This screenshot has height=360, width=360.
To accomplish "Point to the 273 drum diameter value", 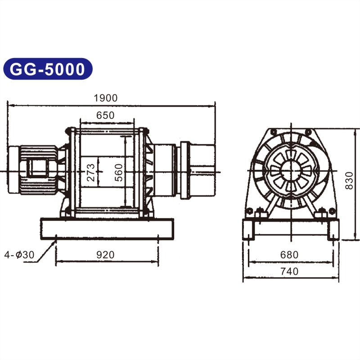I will pyautogui.click(x=91, y=172).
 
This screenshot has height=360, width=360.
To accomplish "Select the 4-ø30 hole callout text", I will pyautogui.click(x=19, y=255).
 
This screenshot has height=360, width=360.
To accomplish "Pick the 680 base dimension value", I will pyautogui.click(x=289, y=255).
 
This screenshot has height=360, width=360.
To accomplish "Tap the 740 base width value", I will pyautogui.click(x=289, y=271).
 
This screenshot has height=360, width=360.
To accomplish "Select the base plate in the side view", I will pyautogui.click(x=107, y=229).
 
